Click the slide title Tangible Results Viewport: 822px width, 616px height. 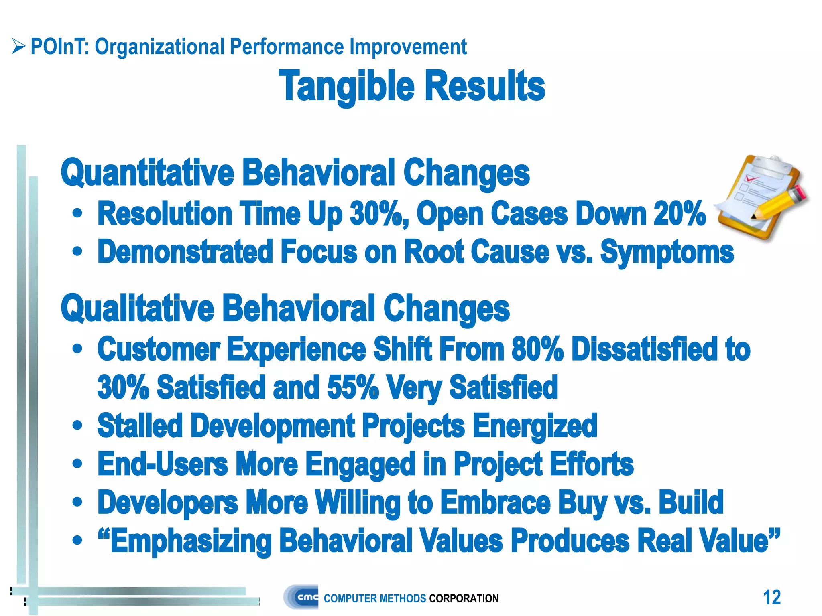[412, 86]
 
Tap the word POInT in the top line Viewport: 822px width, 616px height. [59, 47]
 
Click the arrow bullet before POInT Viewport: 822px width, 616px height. [18, 46]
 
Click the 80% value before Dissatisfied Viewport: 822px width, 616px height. [537, 349]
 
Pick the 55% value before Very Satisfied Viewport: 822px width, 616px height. [352, 387]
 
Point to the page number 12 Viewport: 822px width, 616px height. [771, 597]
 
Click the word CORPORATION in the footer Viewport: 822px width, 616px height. [464, 598]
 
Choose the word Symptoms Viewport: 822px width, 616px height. [667, 253]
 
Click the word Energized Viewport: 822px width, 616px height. [535, 426]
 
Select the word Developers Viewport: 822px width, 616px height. [168, 503]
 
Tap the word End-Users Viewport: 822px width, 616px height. [163, 464]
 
